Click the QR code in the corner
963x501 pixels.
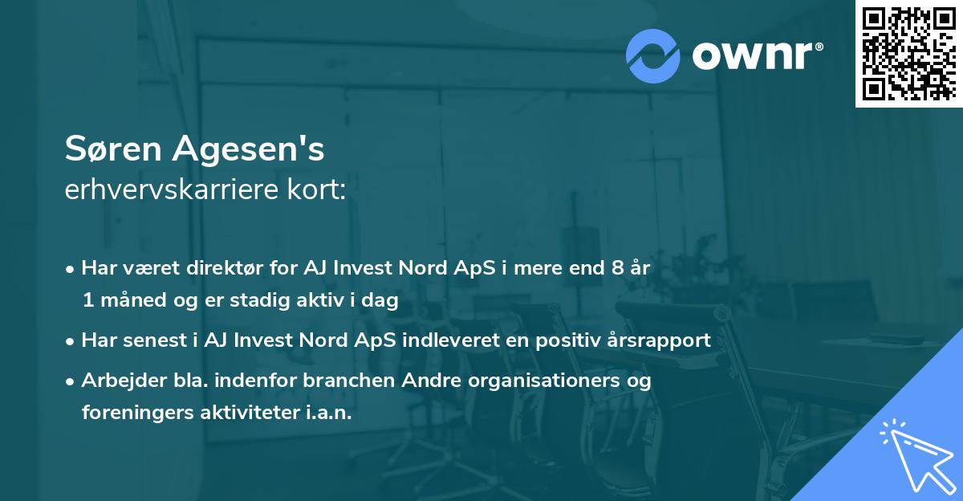pyautogui.click(x=908, y=53)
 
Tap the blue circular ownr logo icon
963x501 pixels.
pyautogui.click(x=652, y=55)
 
